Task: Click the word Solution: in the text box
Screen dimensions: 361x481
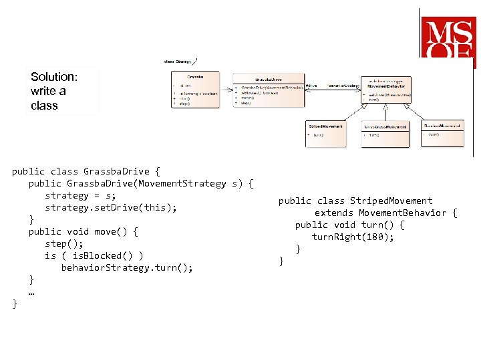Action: (x=54, y=77)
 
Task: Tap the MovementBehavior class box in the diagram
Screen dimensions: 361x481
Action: (x=386, y=90)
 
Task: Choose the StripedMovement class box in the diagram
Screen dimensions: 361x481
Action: (x=326, y=134)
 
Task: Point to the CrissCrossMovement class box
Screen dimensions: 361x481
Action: (x=385, y=134)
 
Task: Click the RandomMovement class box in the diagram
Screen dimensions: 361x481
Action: (x=443, y=133)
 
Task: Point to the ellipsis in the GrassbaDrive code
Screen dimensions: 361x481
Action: (x=31, y=292)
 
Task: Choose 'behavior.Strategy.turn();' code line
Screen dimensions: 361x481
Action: (x=127, y=267)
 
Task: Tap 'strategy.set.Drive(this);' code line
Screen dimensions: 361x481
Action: (x=111, y=207)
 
